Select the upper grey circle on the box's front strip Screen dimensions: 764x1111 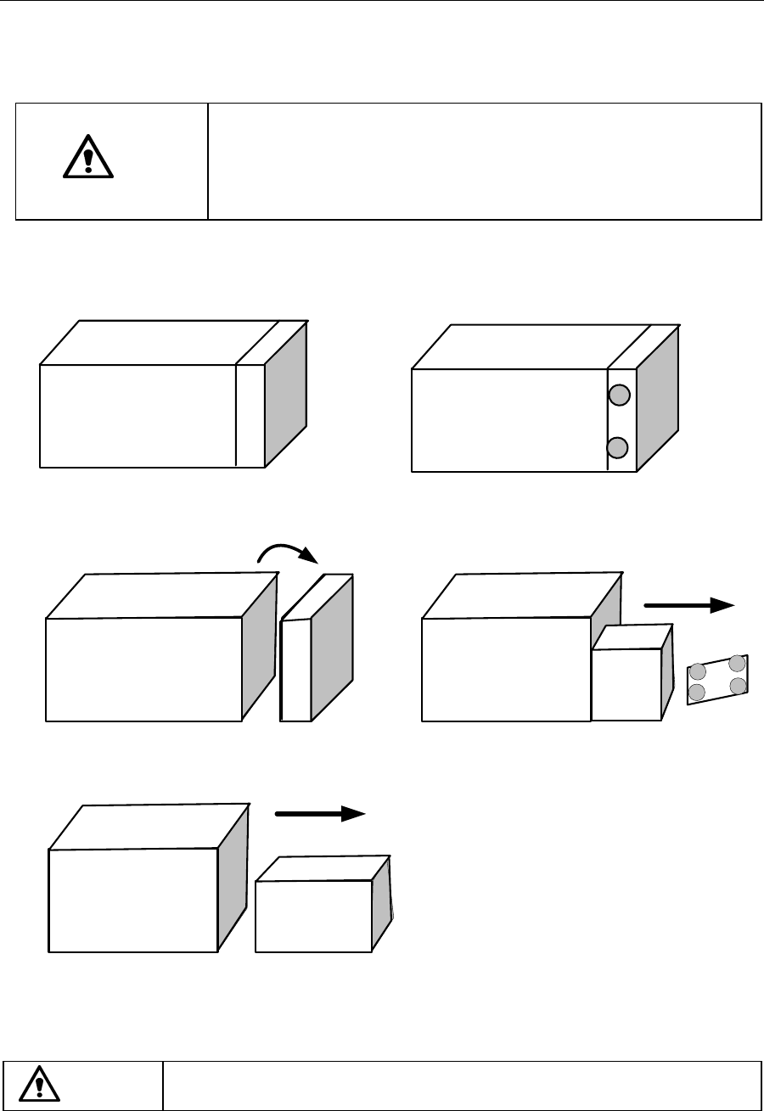620,394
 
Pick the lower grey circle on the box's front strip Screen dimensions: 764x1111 619,447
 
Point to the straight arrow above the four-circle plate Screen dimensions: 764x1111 688,604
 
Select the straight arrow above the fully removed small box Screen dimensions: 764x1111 320,813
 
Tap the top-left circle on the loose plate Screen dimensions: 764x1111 698,673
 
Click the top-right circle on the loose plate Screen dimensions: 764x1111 738,663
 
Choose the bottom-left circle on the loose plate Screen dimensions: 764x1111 697,693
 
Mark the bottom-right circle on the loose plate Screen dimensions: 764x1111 738,684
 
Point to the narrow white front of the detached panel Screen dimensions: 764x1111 295,671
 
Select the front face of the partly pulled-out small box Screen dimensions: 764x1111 626,685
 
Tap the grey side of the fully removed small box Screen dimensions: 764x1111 381,903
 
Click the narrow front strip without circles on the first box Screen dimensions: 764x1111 250,415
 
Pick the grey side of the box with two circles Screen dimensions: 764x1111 658,399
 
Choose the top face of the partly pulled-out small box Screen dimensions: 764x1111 633,637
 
